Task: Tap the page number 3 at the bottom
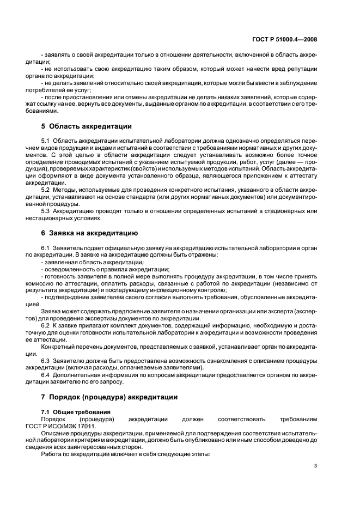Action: coord(316,466)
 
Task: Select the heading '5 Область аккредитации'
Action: coord(86,126)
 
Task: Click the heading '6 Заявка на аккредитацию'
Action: coord(89,233)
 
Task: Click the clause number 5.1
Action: coord(46,142)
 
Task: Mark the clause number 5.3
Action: coord(46,210)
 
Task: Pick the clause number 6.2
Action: coord(46,325)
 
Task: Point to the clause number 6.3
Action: coord(46,361)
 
